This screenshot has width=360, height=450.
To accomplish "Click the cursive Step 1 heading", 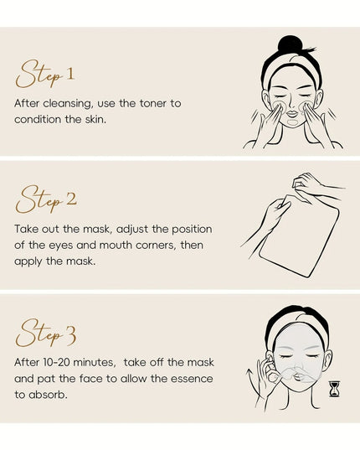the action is (x=45, y=74).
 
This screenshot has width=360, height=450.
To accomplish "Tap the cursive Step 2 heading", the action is (x=46, y=199).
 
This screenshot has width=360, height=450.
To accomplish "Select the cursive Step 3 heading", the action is (x=46, y=333).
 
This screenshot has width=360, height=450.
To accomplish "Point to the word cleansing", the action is (x=68, y=104).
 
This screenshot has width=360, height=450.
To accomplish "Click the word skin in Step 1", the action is (x=95, y=119).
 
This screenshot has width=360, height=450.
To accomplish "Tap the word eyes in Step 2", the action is (x=61, y=246).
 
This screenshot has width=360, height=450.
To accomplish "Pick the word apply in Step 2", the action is (x=28, y=261).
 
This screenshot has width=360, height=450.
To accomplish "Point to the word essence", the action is (x=192, y=379).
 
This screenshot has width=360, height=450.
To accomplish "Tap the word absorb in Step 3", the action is (x=48, y=395).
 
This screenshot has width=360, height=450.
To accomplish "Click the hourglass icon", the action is (x=335, y=389).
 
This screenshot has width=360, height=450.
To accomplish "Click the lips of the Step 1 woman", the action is (x=293, y=113).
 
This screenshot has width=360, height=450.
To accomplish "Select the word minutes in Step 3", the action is (x=95, y=363).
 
